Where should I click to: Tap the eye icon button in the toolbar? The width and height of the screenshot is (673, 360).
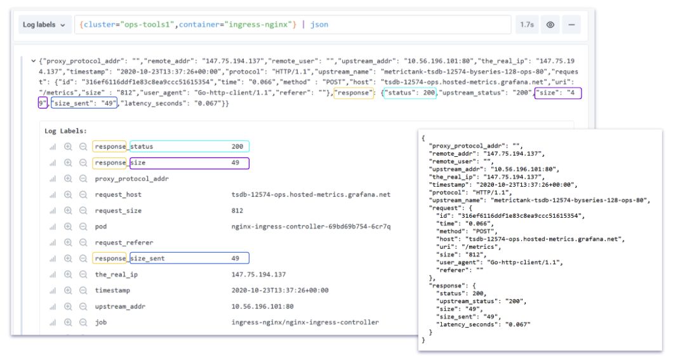pyautogui.click(x=550, y=25)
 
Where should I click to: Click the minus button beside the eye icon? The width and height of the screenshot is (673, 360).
pyautogui.click(x=571, y=25)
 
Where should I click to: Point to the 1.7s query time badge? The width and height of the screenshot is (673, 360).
pyautogui.click(x=526, y=25)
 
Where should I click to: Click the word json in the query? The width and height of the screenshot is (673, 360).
pyautogui.click(x=319, y=25)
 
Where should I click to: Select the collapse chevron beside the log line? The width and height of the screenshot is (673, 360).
pyautogui.click(x=33, y=61)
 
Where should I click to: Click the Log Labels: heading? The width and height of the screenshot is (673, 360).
pyautogui.click(x=65, y=131)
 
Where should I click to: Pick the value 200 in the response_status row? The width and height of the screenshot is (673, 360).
pyautogui.click(x=237, y=146)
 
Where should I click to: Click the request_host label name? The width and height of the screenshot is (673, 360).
pyautogui.click(x=118, y=194)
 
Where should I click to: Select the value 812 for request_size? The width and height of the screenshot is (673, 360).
pyautogui.click(x=237, y=211)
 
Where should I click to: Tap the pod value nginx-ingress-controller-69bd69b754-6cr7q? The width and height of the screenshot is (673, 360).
pyautogui.click(x=311, y=227)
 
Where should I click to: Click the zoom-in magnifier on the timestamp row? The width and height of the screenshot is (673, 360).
pyautogui.click(x=68, y=291)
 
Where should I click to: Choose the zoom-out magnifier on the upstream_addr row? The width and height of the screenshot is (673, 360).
pyautogui.click(x=83, y=307)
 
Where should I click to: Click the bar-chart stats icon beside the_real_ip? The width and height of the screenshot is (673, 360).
pyautogui.click(x=52, y=275)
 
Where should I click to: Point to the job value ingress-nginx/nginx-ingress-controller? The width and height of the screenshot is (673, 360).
pyautogui.click(x=305, y=323)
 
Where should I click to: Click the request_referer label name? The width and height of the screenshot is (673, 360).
pyautogui.click(x=124, y=243)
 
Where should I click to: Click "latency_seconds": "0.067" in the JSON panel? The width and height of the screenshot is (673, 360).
pyautogui.click(x=483, y=324)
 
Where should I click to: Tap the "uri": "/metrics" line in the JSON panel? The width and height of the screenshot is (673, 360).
pyautogui.click(x=469, y=247)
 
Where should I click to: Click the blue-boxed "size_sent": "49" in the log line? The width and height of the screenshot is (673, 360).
pyautogui.click(x=84, y=103)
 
